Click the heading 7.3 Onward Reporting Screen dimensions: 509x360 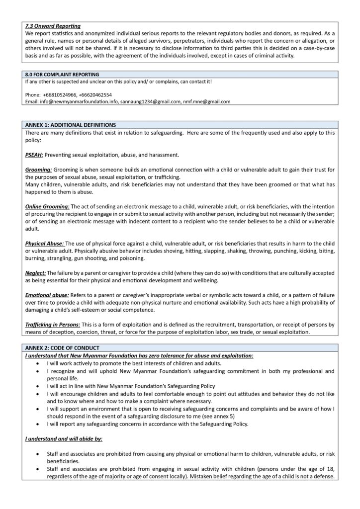52,26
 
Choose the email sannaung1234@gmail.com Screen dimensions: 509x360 151,101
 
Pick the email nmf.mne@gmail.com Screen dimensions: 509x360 207,101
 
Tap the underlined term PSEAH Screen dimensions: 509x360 34,155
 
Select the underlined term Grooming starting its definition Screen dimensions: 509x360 38,170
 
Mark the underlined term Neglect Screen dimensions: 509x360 35,273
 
